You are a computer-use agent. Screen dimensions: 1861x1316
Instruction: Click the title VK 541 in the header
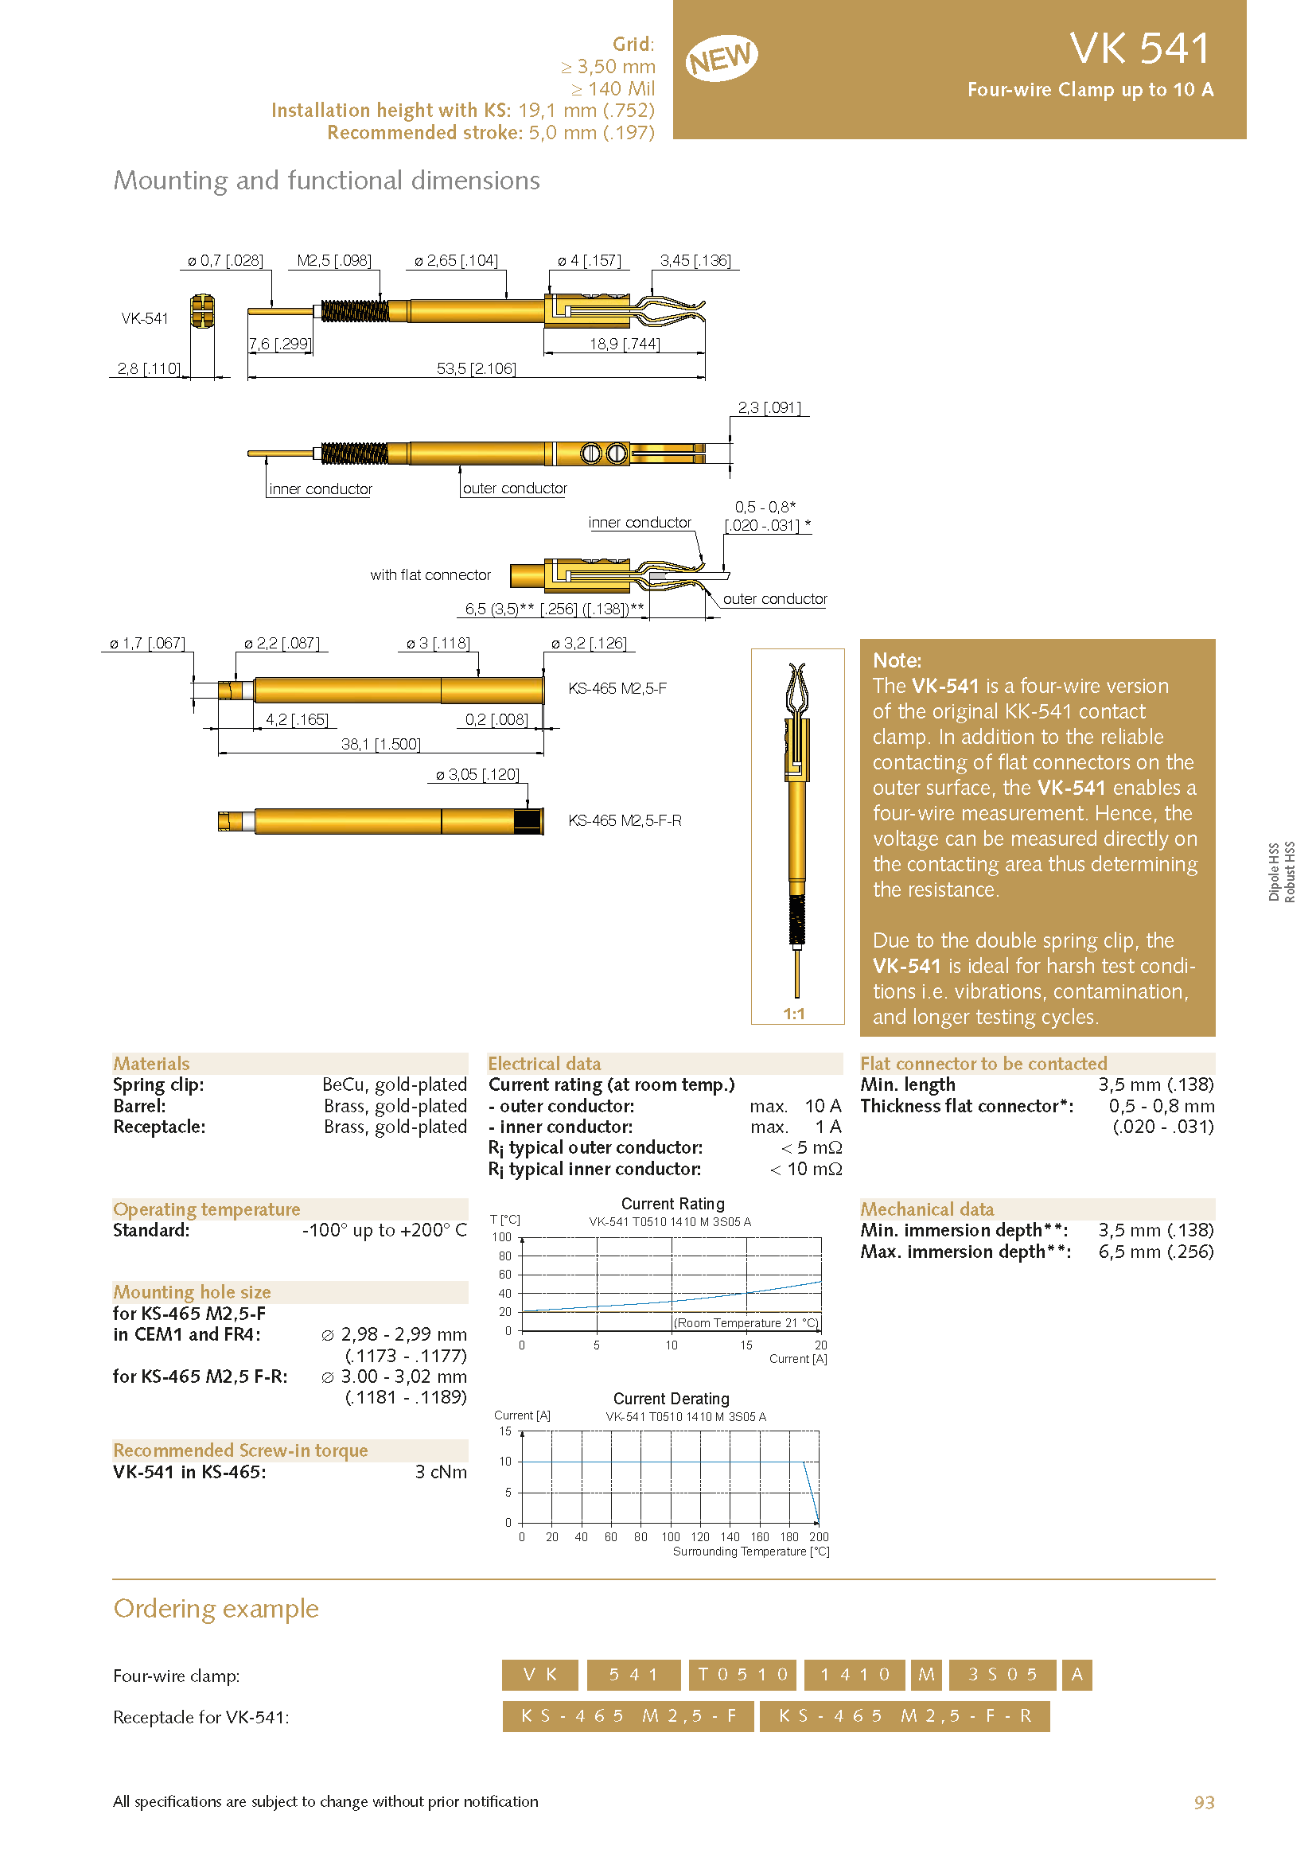pos(1139,49)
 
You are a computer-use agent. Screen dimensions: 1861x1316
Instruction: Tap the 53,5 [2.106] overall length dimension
pos(476,369)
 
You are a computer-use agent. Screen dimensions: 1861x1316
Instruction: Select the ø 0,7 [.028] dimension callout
pos(225,260)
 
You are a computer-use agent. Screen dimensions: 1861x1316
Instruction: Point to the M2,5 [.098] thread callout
pos(334,260)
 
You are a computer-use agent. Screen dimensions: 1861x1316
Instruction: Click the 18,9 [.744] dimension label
pos(624,344)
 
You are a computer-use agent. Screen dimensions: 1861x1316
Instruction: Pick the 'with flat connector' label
pos(430,574)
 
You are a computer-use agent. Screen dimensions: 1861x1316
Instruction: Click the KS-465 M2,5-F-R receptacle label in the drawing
pos(625,820)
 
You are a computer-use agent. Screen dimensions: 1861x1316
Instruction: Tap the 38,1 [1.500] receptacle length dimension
pos(381,744)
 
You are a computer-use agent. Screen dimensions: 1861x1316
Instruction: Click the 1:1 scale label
pos(793,1014)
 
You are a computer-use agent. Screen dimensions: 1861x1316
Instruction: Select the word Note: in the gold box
pos(897,660)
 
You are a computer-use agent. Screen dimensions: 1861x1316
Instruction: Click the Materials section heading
pos(151,1064)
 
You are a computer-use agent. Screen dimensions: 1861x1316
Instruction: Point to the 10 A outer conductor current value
pos(823,1106)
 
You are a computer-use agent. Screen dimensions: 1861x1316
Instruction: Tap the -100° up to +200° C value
pos(384,1230)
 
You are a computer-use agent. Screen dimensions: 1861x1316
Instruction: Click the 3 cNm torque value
pos(441,1472)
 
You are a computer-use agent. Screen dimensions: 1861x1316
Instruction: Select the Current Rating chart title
pos(672,1204)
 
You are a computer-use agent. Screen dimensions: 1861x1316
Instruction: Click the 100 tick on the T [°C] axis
pos(501,1238)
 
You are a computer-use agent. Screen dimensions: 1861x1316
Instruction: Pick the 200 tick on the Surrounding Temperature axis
pos(819,1537)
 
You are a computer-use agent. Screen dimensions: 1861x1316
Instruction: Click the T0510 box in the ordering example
pos(742,1675)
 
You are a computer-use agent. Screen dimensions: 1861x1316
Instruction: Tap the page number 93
pos(1203,1802)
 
